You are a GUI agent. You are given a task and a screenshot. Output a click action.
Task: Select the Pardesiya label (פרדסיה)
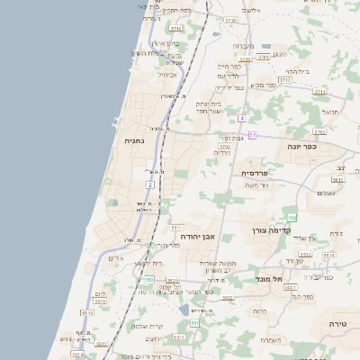[255, 172]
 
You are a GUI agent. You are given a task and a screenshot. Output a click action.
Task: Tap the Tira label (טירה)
[337, 322]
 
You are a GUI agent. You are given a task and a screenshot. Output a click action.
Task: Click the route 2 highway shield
[150, 184]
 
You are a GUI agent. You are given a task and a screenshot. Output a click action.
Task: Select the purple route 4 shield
[241, 118]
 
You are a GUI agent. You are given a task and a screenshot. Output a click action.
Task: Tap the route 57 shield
[253, 135]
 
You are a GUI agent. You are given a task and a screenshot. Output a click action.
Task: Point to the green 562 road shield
[292, 218]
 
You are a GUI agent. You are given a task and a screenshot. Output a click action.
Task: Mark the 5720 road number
[230, 20]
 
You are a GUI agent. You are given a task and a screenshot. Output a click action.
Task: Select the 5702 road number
[225, 146]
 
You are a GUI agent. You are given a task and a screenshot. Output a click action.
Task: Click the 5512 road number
[102, 344]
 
